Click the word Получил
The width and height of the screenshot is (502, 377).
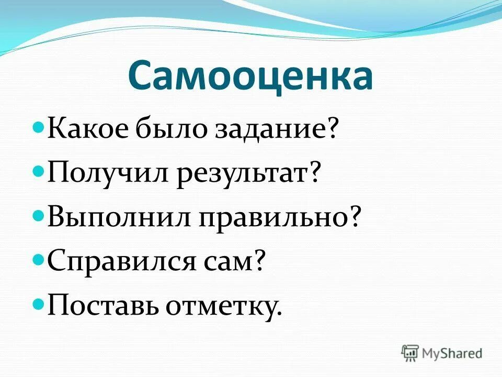click(108, 173)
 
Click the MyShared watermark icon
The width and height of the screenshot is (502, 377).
click(410, 353)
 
